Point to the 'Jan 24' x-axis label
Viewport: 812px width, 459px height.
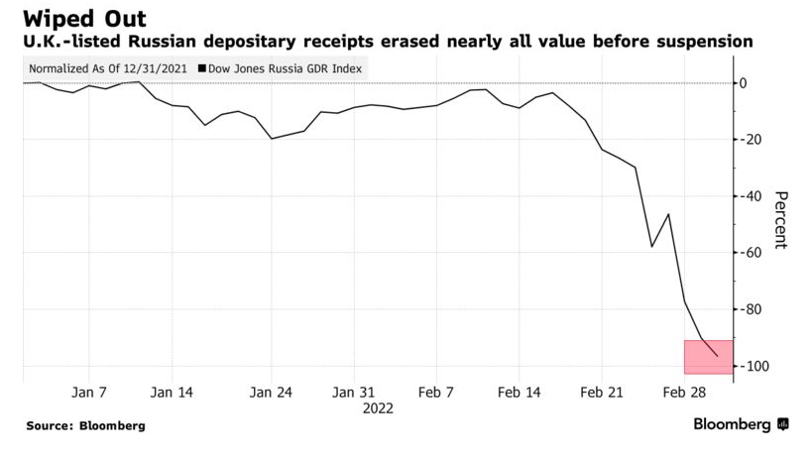(272, 393)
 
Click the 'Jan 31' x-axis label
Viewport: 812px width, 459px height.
(354, 393)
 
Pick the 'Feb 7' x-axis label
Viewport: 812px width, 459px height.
(436, 393)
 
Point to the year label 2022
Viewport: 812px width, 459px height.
(378, 407)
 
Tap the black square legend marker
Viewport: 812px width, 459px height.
(202, 69)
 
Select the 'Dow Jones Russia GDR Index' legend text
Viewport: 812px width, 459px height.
(286, 69)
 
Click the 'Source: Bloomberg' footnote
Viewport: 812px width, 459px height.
(85, 425)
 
